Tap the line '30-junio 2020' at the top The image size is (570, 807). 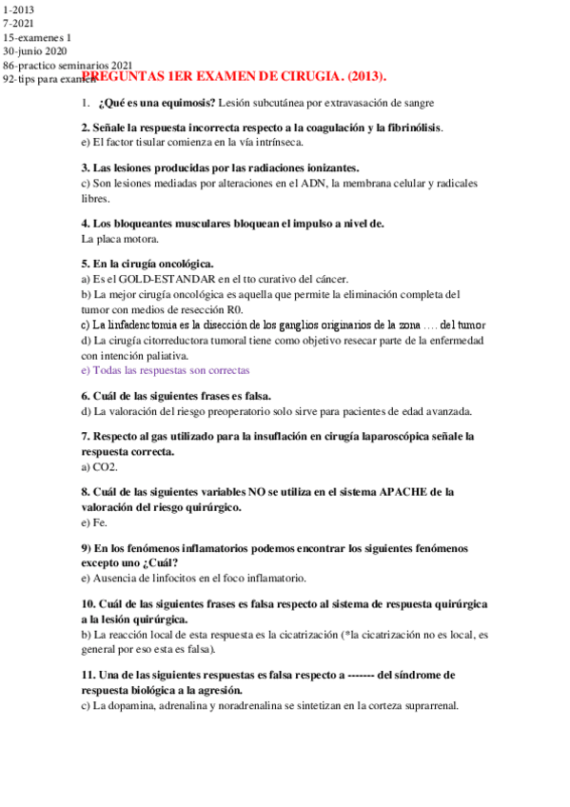tap(37, 50)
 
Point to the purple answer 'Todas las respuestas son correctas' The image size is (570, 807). tap(166, 370)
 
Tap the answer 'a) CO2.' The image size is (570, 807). tap(100, 467)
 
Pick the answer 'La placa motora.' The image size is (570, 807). tap(120, 239)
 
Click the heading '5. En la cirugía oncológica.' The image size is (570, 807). tap(147, 264)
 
